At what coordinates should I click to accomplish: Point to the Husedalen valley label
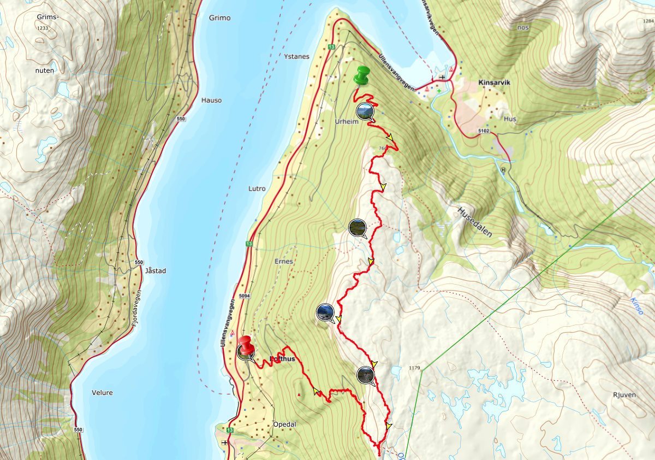click(474, 221)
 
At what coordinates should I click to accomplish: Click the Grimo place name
click(219, 18)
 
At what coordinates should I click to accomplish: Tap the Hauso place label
click(211, 101)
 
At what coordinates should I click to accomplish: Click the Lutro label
click(257, 189)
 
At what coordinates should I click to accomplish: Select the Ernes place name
click(284, 262)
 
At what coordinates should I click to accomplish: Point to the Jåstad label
click(156, 270)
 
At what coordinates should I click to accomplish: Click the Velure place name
click(102, 393)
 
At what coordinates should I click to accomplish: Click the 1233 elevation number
click(41, 27)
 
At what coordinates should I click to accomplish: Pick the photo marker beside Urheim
click(365, 112)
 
